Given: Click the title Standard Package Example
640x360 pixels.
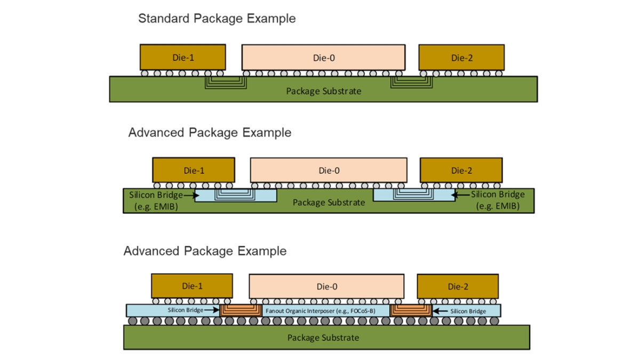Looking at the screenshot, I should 217,19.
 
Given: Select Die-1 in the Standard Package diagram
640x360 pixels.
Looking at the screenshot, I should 182,58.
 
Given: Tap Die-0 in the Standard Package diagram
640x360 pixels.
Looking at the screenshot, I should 323,58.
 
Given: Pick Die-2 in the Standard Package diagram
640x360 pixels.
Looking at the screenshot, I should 461,58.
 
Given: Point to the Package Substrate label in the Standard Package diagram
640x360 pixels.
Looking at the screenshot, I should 323,91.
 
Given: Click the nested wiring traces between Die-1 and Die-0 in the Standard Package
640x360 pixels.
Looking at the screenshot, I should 226,82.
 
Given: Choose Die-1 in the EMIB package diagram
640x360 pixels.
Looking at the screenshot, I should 194,171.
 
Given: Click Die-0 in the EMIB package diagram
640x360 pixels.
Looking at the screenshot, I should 329,171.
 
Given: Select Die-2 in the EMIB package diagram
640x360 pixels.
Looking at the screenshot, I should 461,171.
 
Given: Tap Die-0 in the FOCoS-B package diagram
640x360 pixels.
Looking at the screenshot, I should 326,287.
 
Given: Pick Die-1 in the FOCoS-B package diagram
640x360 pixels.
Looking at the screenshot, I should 192,286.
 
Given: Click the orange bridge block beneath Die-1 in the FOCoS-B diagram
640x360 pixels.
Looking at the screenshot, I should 241,310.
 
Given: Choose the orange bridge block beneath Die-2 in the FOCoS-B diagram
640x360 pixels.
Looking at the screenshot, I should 411,310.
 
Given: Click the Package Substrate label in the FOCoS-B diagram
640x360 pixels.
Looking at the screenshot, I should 323,338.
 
